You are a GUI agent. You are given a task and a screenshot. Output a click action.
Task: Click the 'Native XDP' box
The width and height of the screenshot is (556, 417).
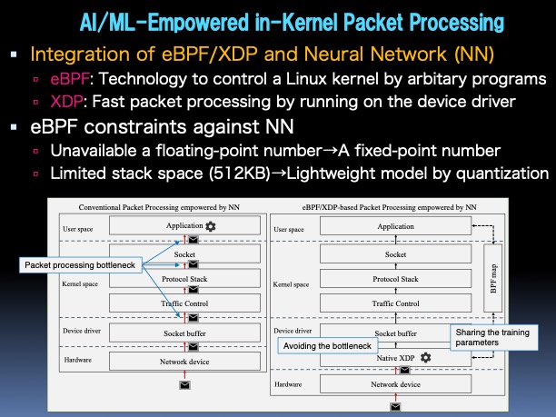395,359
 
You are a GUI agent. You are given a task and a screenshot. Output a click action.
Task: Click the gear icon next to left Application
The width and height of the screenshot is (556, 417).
211,226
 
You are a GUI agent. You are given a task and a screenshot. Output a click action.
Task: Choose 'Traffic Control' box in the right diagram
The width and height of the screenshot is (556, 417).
395,303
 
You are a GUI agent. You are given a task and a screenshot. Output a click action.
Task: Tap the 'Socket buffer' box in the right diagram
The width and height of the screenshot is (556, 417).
395,333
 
